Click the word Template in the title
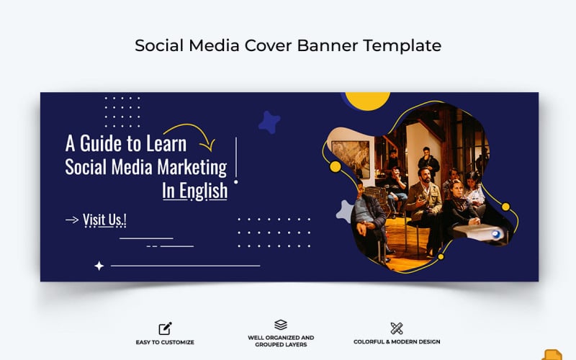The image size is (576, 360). point(402,45)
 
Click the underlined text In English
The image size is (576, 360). point(194,191)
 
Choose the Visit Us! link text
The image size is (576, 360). point(105,220)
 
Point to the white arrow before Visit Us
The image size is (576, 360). point(72,220)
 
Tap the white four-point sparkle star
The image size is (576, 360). point(99,266)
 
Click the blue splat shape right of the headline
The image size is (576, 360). point(269,122)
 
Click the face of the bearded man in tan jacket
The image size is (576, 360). point(426,175)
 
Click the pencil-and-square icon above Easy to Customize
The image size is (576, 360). point(165,328)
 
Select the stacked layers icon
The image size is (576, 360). point(281,325)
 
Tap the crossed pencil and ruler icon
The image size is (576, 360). point(396,328)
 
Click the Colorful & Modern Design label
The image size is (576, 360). point(397,342)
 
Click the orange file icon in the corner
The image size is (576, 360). point(552,354)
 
